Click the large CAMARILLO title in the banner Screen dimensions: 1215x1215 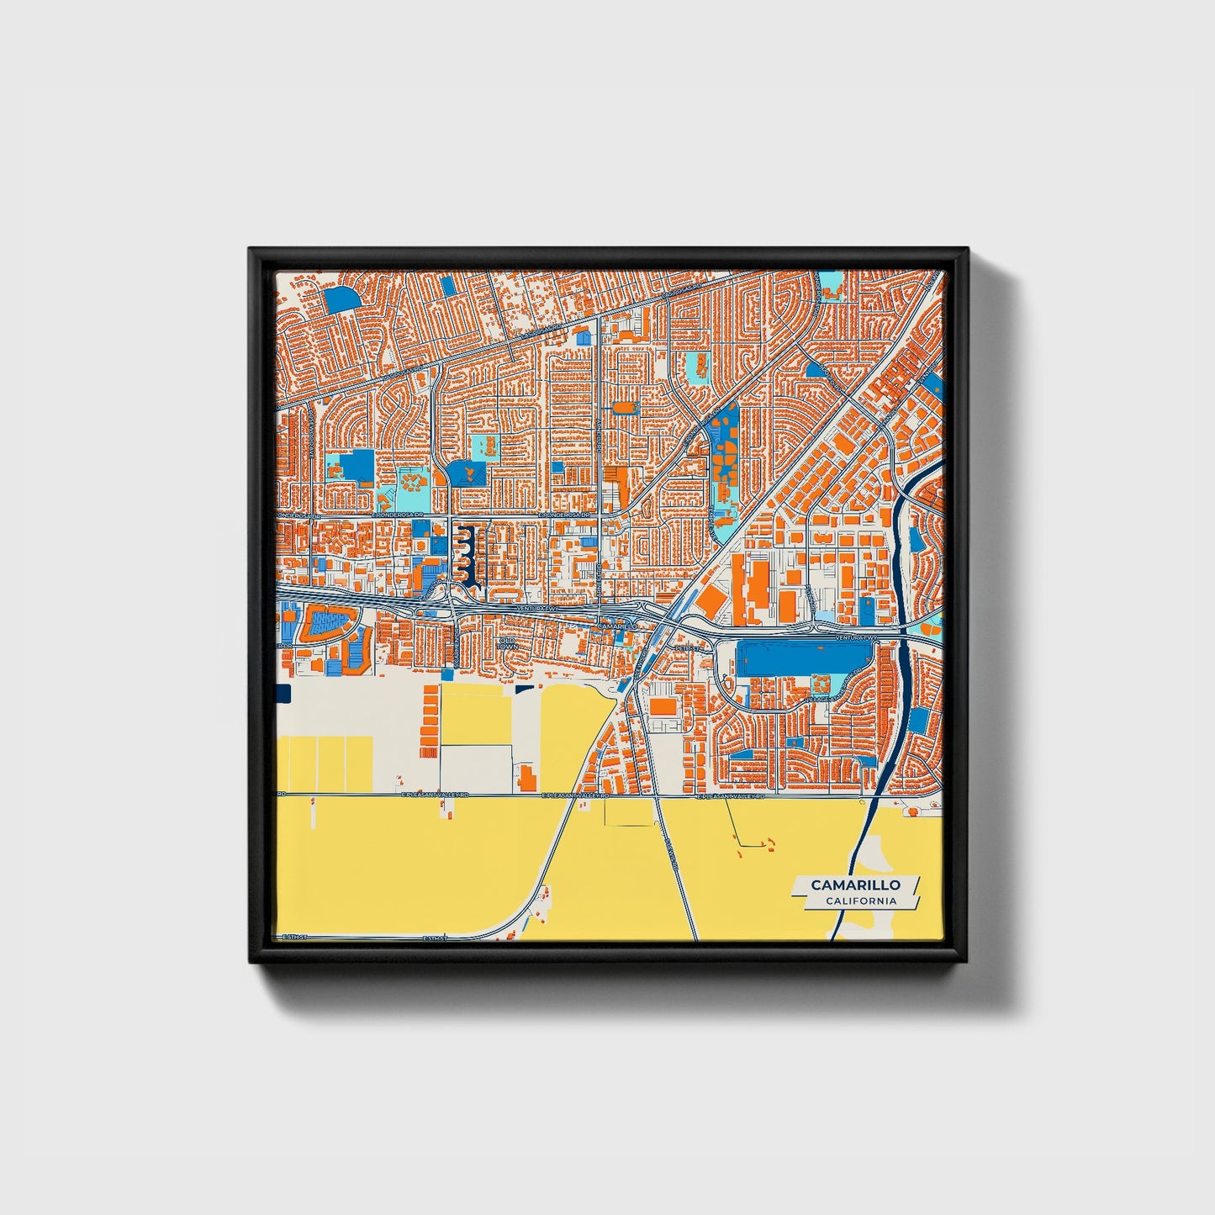point(855,885)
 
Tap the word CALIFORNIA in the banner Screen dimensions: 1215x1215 point(860,901)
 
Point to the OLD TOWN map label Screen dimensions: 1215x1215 point(506,643)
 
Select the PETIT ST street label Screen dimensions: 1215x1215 point(688,648)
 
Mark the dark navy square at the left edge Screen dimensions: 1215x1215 point(282,693)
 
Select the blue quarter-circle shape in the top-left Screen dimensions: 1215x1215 point(340,299)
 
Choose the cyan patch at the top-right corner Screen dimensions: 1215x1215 point(832,283)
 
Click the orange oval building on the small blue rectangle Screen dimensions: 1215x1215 point(625,408)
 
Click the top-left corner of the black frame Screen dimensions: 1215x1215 point(251,250)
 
